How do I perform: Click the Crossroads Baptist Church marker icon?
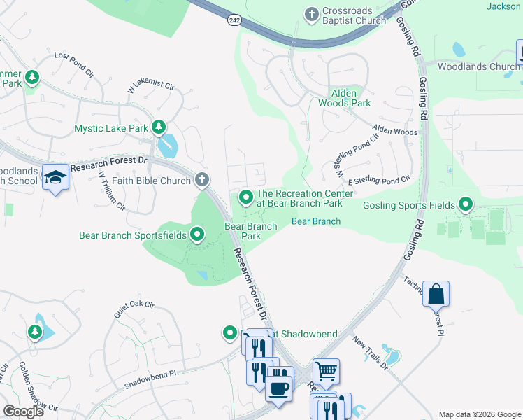pyautogui.click(x=312, y=13)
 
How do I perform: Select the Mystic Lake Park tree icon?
pyautogui.click(x=159, y=127)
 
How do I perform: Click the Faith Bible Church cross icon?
pyautogui.click(x=202, y=181)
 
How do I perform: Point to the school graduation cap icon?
pyautogui.click(x=53, y=178)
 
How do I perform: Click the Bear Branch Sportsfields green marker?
pyautogui.click(x=198, y=234)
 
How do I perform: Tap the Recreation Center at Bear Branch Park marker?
pyautogui.click(x=245, y=197)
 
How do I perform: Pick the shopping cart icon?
pyautogui.click(x=325, y=370)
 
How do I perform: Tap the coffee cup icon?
pyautogui.click(x=279, y=387)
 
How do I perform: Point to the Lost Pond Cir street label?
pyautogui.click(x=74, y=61)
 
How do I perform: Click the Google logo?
pyautogui.click(x=24, y=412)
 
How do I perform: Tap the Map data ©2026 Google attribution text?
pyautogui.click(x=479, y=414)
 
